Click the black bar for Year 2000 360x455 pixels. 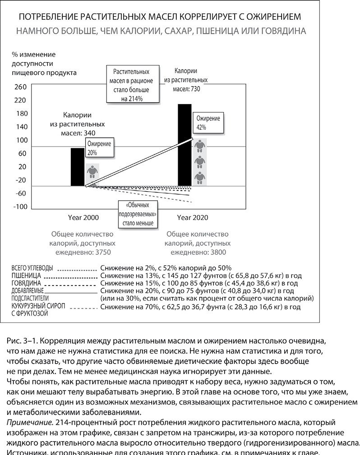[x=77, y=166]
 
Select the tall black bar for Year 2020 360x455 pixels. [x=185, y=144]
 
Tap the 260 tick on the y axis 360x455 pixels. [x=21, y=87]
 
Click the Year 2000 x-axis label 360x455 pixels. [x=83, y=217]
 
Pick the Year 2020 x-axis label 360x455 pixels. [x=192, y=217]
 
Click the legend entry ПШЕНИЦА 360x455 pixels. [x=27, y=276]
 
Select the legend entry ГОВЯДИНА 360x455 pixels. [x=27, y=283]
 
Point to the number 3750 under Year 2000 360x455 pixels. [x=102, y=252]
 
